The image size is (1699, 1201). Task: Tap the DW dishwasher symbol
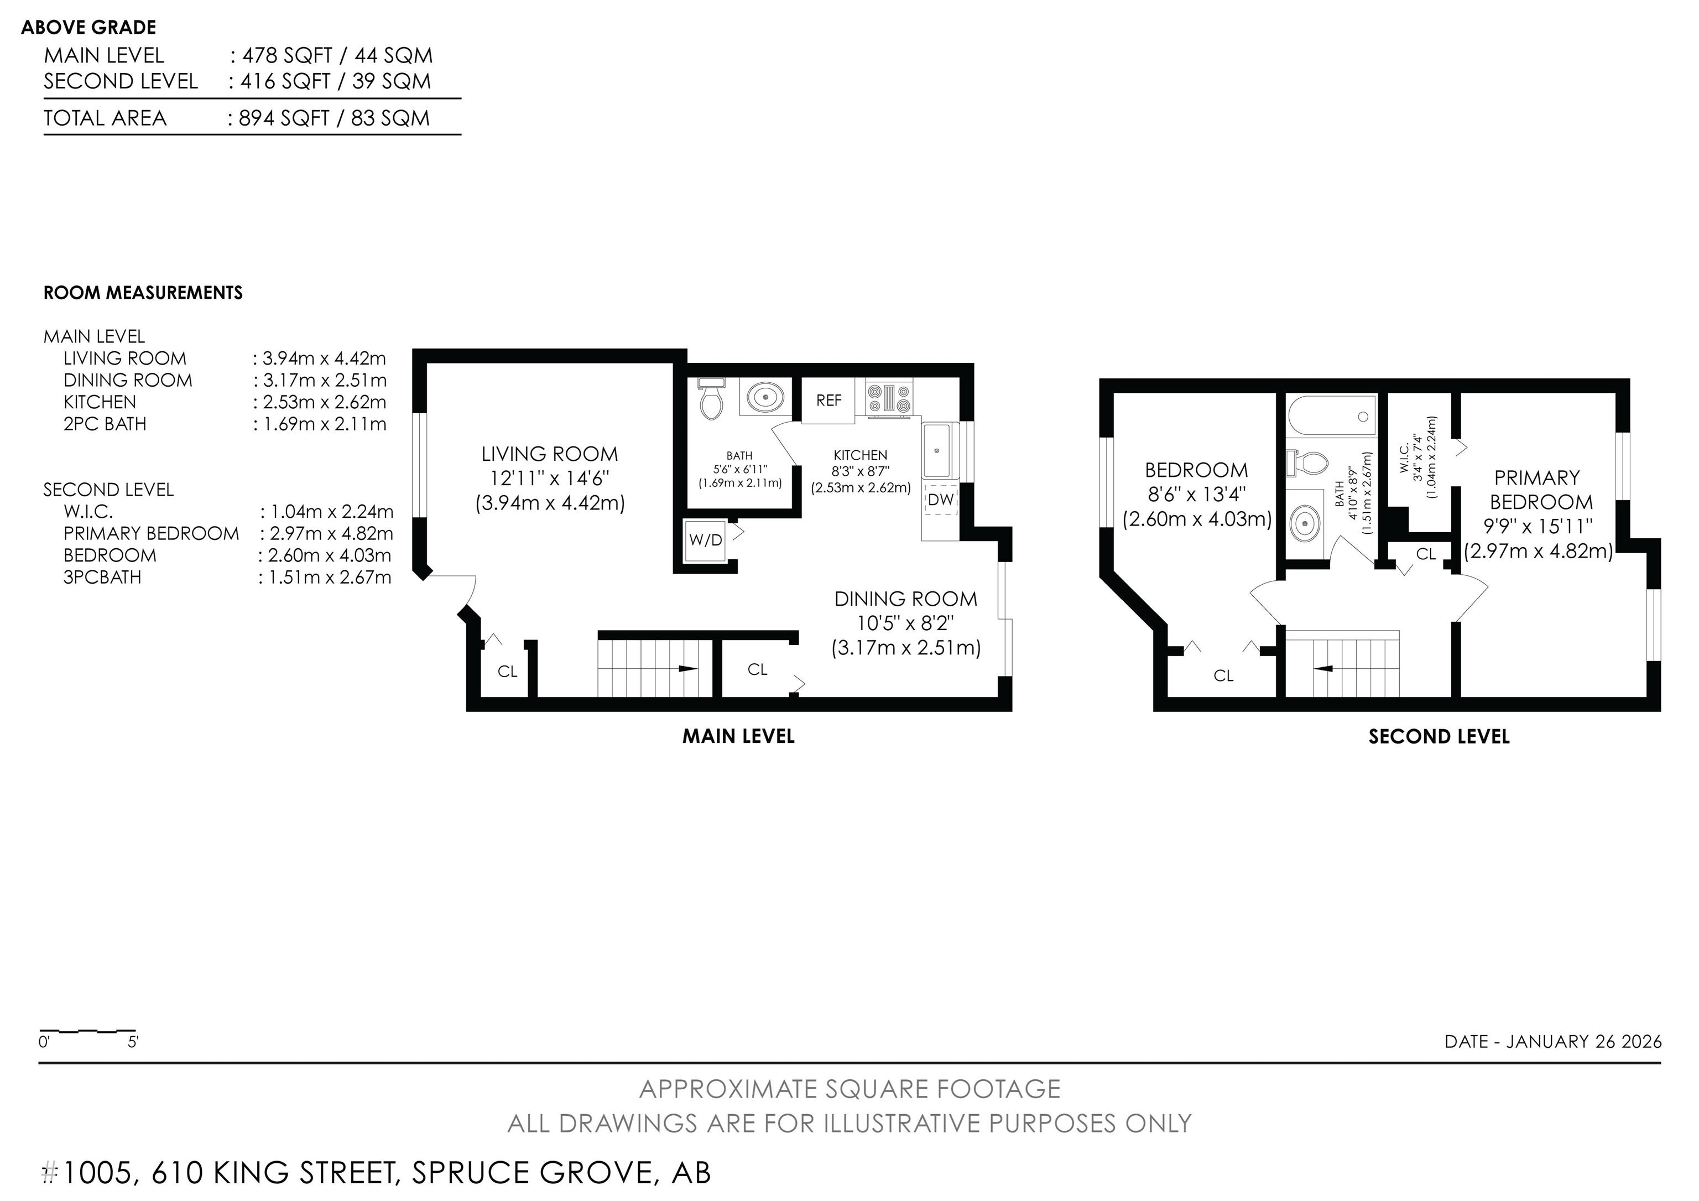click(941, 500)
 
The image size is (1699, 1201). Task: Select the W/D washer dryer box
click(705, 539)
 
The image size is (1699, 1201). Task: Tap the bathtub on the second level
click(1332, 417)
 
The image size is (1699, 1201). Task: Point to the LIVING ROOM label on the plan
click(549, 454)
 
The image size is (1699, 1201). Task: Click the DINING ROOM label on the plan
click(906, 599)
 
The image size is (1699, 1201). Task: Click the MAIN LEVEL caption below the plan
click(738, 736)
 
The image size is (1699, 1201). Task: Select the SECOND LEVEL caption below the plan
click(1439, 736)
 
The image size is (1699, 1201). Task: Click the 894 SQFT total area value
click(284, 118)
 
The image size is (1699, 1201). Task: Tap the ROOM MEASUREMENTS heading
click(143, 293)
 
